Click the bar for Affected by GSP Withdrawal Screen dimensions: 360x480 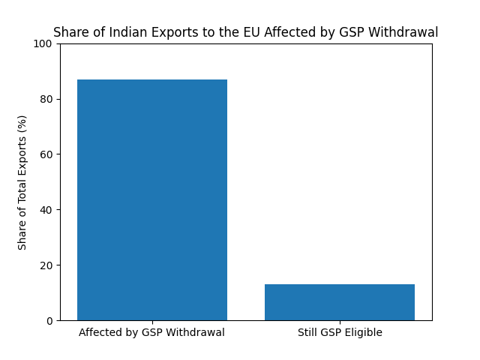(x=152, y=199)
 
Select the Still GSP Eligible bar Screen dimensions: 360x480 (x=340, y=302)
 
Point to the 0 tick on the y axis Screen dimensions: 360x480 (x=49, y=321)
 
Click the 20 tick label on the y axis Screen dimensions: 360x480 (x=46, y=265)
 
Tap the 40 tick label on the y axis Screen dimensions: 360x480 (x=46, y=210)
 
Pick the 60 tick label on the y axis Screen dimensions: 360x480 (x=46, y=154)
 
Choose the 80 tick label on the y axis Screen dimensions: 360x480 (x=46, y=99)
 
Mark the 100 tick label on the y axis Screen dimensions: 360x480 (x=43, y=43)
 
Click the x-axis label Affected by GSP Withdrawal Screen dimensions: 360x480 (x=152, y=333)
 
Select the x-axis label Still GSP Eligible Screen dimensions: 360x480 (x=340, y=333)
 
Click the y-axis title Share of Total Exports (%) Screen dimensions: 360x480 (x=22, y=182)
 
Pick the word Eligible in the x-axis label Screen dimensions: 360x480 (x=363, y=333)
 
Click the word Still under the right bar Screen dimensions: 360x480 (x=308, y=333)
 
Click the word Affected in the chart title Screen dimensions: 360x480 (x=289, y=33)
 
